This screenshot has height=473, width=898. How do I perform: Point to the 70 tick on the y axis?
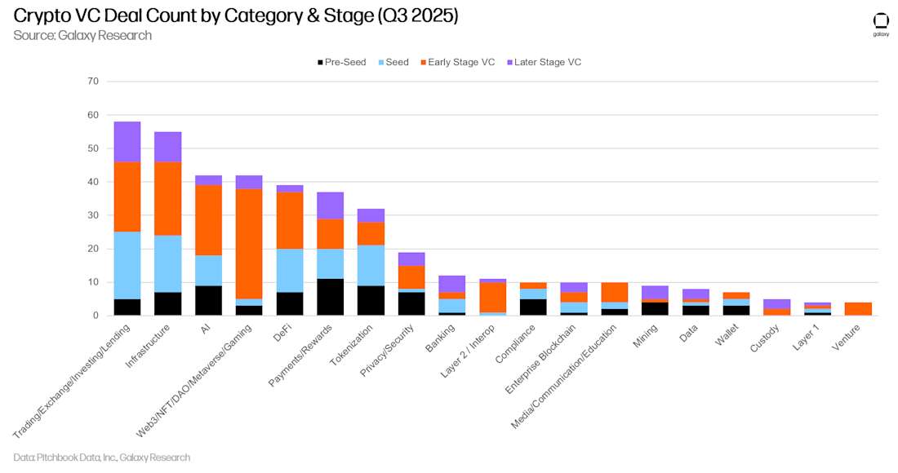point(92,82)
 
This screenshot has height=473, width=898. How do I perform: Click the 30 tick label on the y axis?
point(92,215)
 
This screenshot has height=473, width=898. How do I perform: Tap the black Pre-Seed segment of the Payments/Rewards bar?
point(331,297)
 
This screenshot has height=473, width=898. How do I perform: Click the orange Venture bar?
point(858,308)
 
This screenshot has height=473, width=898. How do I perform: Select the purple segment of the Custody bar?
point(776,303)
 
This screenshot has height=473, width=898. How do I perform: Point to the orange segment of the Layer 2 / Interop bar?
point(493,297)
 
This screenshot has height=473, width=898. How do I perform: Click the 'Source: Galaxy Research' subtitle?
point(82,35)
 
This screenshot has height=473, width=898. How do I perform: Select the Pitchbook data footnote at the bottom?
point(102,458)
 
